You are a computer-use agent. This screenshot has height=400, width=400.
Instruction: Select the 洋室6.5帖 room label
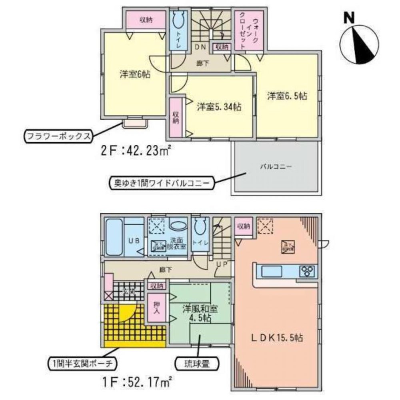click(287, 96)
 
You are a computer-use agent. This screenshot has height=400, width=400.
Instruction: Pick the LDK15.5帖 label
click(276, 338)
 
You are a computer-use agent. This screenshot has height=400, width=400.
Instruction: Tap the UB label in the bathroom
click(133, 241)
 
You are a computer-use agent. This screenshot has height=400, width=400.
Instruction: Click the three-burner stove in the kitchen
click(308, 271)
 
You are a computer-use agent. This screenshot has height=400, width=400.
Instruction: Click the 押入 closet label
click(157, 308)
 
